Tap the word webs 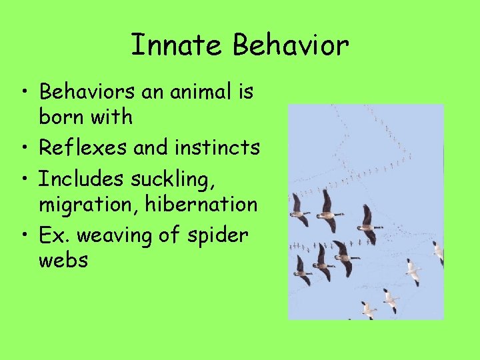[x=63, y=260]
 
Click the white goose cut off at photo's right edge [x=438, y=252]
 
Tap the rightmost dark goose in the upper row [x=368, y=224]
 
